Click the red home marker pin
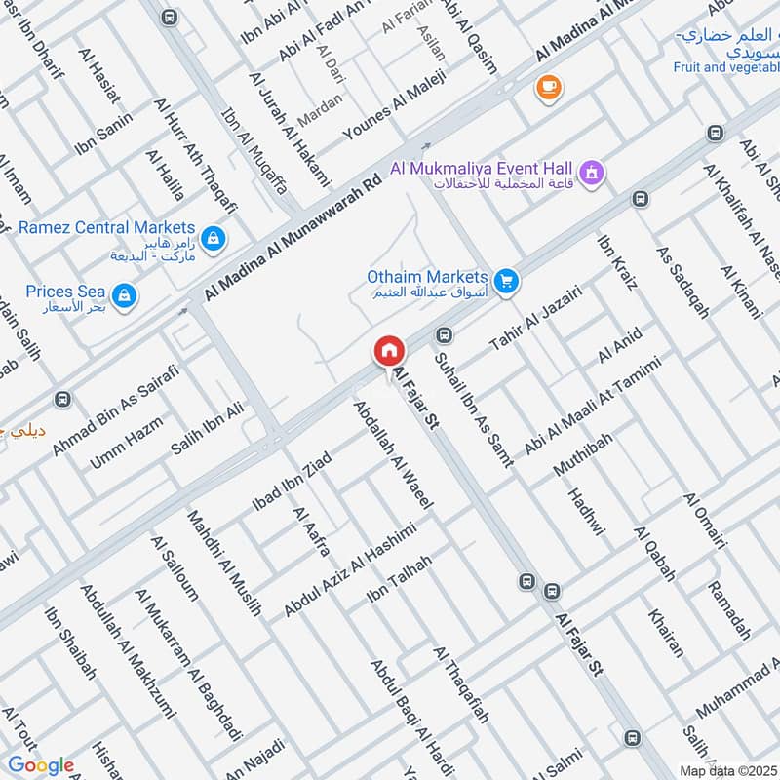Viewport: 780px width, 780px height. coord(388,351)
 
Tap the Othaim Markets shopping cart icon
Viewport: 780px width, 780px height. coord(505,282)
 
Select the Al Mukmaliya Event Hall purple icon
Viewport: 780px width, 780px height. coord(590,174)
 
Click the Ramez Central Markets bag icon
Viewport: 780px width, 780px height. coord(212,237)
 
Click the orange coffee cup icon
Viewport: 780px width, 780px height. coord(547,88)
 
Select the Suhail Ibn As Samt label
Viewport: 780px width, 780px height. coord(477,409)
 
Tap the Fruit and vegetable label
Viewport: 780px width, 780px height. coord(725,67)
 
